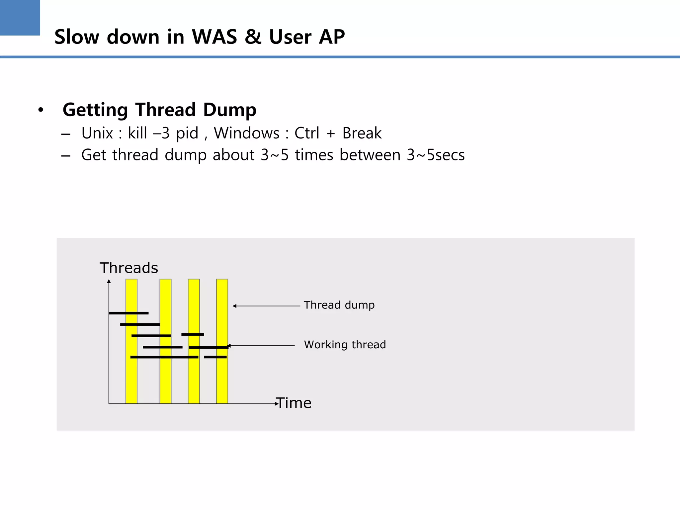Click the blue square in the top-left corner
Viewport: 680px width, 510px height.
pos(20,17)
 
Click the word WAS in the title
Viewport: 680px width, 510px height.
pos(214,37)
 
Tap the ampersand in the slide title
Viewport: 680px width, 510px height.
pos(253,37)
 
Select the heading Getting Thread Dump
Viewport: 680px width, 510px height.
pos(159,110)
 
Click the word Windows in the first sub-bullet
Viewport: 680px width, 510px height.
pos(246,133)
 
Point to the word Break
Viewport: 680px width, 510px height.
pos(362,133)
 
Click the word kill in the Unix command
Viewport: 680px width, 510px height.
pos(137,133)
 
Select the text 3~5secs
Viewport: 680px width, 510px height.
pos(436,155)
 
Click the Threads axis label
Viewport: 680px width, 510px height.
pos(129,268)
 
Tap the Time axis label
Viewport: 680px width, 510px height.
pos(294,403)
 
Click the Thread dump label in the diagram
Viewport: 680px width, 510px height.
pos(339,305)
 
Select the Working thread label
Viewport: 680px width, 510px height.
pos(345,345)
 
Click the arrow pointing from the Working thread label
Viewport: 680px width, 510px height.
pos(261,346)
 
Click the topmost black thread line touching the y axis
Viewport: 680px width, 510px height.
pos(128,313)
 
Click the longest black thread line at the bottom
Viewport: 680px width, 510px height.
pos(164,357)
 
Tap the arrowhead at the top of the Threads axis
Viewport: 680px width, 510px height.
pos(109,282)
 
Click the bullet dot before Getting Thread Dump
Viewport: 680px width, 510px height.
pos(41,110)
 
